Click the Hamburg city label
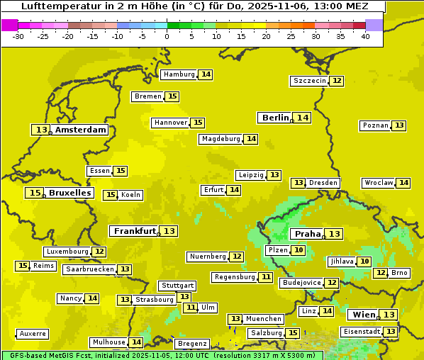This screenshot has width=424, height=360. click(179, 74)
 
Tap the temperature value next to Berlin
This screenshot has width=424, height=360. click(303, 118)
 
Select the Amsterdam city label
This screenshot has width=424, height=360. click(81, 130)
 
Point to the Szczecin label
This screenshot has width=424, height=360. click(310, 81)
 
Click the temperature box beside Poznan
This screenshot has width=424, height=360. click(399, 125)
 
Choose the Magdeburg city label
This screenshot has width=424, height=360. click(221, 139)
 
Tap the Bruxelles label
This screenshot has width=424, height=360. click(69, 193)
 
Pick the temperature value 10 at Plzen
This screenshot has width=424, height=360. click(299, 250)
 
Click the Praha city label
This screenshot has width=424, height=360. click(308, 234)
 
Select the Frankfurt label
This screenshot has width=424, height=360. click(135, 231)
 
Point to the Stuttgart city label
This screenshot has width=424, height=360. click(177, 286)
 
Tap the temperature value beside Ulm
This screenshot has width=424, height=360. click(190, 308)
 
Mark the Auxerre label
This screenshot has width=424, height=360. click(33, 334)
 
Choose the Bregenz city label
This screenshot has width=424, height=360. click(192, 344)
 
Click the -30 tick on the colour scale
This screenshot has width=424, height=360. click(18, 35)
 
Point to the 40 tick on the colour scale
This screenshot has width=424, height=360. click(365, 35)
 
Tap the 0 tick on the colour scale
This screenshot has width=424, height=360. click(167, 35)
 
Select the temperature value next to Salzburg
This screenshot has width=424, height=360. click(293, 333)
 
